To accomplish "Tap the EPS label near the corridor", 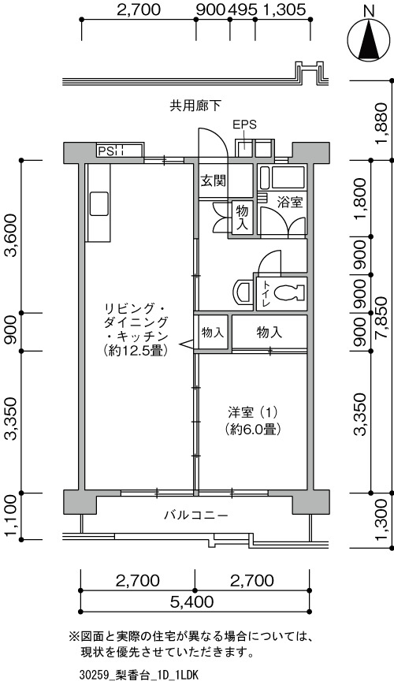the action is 245,125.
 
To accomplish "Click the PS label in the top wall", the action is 106,151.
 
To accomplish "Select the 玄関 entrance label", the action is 214,181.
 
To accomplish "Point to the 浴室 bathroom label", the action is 290,203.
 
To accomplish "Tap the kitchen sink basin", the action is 99,203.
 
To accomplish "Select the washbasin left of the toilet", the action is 243,292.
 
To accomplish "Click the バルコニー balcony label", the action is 196,515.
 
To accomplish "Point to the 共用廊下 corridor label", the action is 195,105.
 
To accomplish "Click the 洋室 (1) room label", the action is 253,412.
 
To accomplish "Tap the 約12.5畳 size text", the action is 135,351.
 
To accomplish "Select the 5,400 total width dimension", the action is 192,602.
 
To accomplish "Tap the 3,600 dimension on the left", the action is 11,236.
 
